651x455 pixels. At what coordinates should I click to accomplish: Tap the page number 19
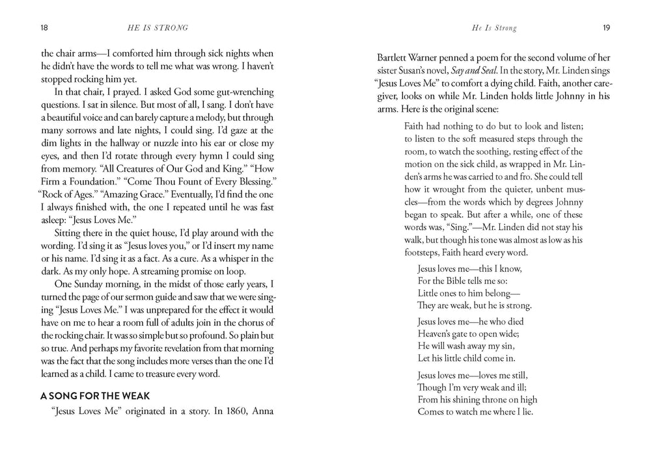coord(605,29)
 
